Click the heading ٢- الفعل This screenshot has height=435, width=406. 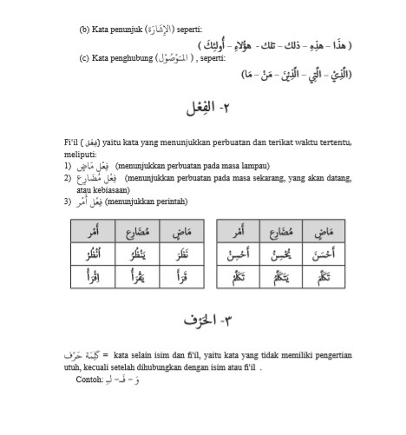pyautogui.click(x=200, y=109)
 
